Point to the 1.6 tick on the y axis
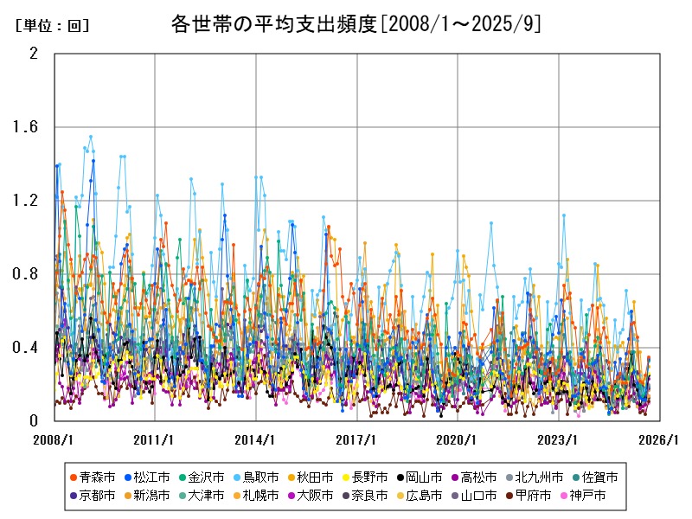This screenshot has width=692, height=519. click(27, 127)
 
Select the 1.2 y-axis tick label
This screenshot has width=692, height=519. click(27, 201)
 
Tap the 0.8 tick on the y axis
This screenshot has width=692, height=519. click(27, 274)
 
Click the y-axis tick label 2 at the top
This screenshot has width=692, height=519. click(34, 54)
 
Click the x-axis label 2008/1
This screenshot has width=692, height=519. click(54, 439)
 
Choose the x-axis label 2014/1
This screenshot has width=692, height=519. click(256, 439)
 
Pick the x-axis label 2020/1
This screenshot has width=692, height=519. click(458, 439)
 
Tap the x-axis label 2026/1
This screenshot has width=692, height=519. click(660, 439)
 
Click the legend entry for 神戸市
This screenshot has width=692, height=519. click(588, 496)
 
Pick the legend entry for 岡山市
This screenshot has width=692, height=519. click(424, 477)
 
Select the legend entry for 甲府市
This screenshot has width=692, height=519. click(533, 496)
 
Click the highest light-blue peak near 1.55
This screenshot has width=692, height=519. click(90, 137)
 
